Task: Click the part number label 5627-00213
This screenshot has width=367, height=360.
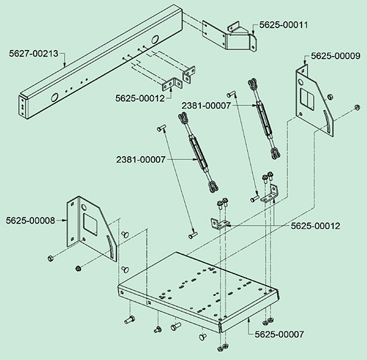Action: (34, 53)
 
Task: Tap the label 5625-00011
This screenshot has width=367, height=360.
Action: (283, 25)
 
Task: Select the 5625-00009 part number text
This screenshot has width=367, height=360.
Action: (335, 56)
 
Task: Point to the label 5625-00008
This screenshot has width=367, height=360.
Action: (30, 221)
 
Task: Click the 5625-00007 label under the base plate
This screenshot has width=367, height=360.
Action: (279, 334)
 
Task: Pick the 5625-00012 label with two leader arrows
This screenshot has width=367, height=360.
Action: (315, 226)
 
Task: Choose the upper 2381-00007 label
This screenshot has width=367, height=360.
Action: (206, 106)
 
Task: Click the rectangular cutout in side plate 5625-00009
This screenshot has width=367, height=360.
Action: (308, 99)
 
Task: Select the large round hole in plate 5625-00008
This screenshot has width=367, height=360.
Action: (84, 207)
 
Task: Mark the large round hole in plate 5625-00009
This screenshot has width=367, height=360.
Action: (300, 82)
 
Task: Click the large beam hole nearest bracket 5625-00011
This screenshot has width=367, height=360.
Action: (154, 39)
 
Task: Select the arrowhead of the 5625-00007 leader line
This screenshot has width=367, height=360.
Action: (249, 319)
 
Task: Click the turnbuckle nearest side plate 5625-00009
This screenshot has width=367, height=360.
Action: (264, 119)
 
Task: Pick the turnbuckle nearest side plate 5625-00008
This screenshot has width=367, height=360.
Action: (198, 153)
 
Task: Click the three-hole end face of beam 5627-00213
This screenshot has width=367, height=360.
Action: (22, 107)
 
